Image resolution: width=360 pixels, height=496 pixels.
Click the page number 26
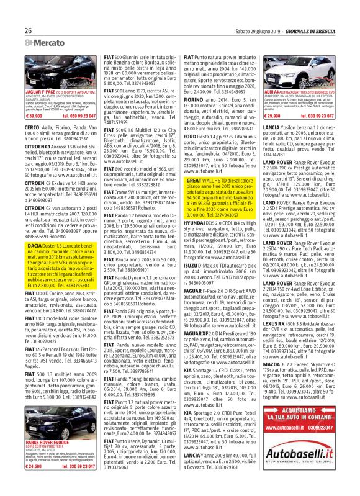point(29,30)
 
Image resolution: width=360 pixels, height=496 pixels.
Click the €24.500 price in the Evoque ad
point(34,466)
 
